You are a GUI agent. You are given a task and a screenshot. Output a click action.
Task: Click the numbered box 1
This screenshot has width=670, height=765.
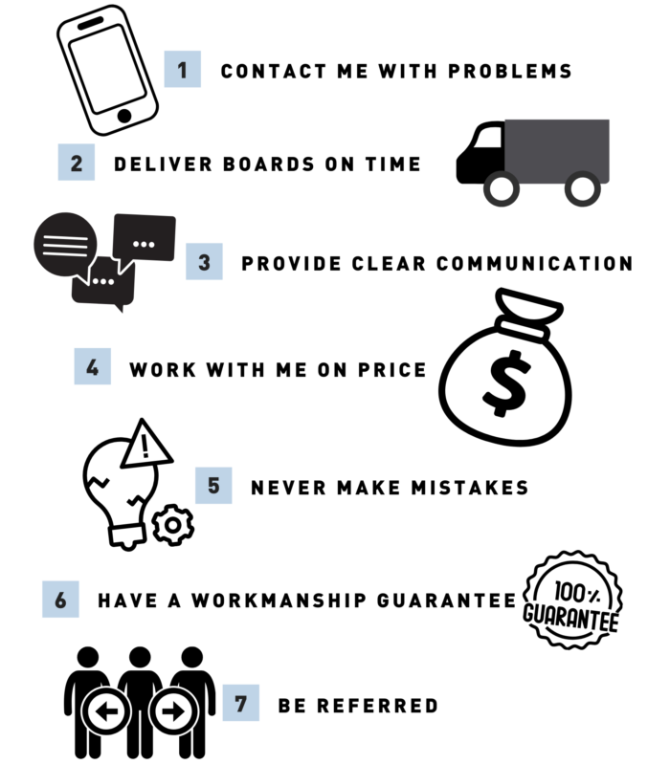[183, 69]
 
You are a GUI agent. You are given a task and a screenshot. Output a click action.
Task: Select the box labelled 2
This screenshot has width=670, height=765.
[77, 163]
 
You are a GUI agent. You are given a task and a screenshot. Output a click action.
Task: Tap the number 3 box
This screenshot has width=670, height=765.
[204, 261]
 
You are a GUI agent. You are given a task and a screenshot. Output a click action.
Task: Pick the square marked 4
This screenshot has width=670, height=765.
[93, 366]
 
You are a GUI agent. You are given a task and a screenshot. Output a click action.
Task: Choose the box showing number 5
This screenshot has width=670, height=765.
[213, 486]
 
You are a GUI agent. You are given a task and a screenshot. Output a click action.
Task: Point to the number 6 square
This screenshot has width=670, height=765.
[60, 599]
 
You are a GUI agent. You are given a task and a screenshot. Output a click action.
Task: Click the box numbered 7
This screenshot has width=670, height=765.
[241, 703]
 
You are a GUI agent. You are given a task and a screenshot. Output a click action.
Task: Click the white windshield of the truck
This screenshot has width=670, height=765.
[489, 138]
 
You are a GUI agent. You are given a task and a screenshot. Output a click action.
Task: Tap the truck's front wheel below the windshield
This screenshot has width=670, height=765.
[502, 188]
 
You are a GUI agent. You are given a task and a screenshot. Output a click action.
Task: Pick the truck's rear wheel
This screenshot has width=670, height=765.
[582, 188]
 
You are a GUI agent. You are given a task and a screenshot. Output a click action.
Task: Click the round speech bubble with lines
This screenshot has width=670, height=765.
[65, 244]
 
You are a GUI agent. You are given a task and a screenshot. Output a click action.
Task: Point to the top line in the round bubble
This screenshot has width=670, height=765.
[65, 235]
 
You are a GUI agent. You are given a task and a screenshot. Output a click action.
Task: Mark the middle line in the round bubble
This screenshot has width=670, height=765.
[65, 244]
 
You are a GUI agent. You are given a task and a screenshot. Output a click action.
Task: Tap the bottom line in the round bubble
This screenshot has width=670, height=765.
[65, 253]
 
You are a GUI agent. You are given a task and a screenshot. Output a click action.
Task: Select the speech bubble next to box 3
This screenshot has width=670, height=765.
[145, 237]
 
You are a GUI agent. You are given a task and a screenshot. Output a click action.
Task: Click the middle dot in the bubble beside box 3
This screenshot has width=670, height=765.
[144, 244]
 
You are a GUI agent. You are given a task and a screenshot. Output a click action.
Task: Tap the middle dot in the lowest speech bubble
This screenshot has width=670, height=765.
[102, 281]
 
